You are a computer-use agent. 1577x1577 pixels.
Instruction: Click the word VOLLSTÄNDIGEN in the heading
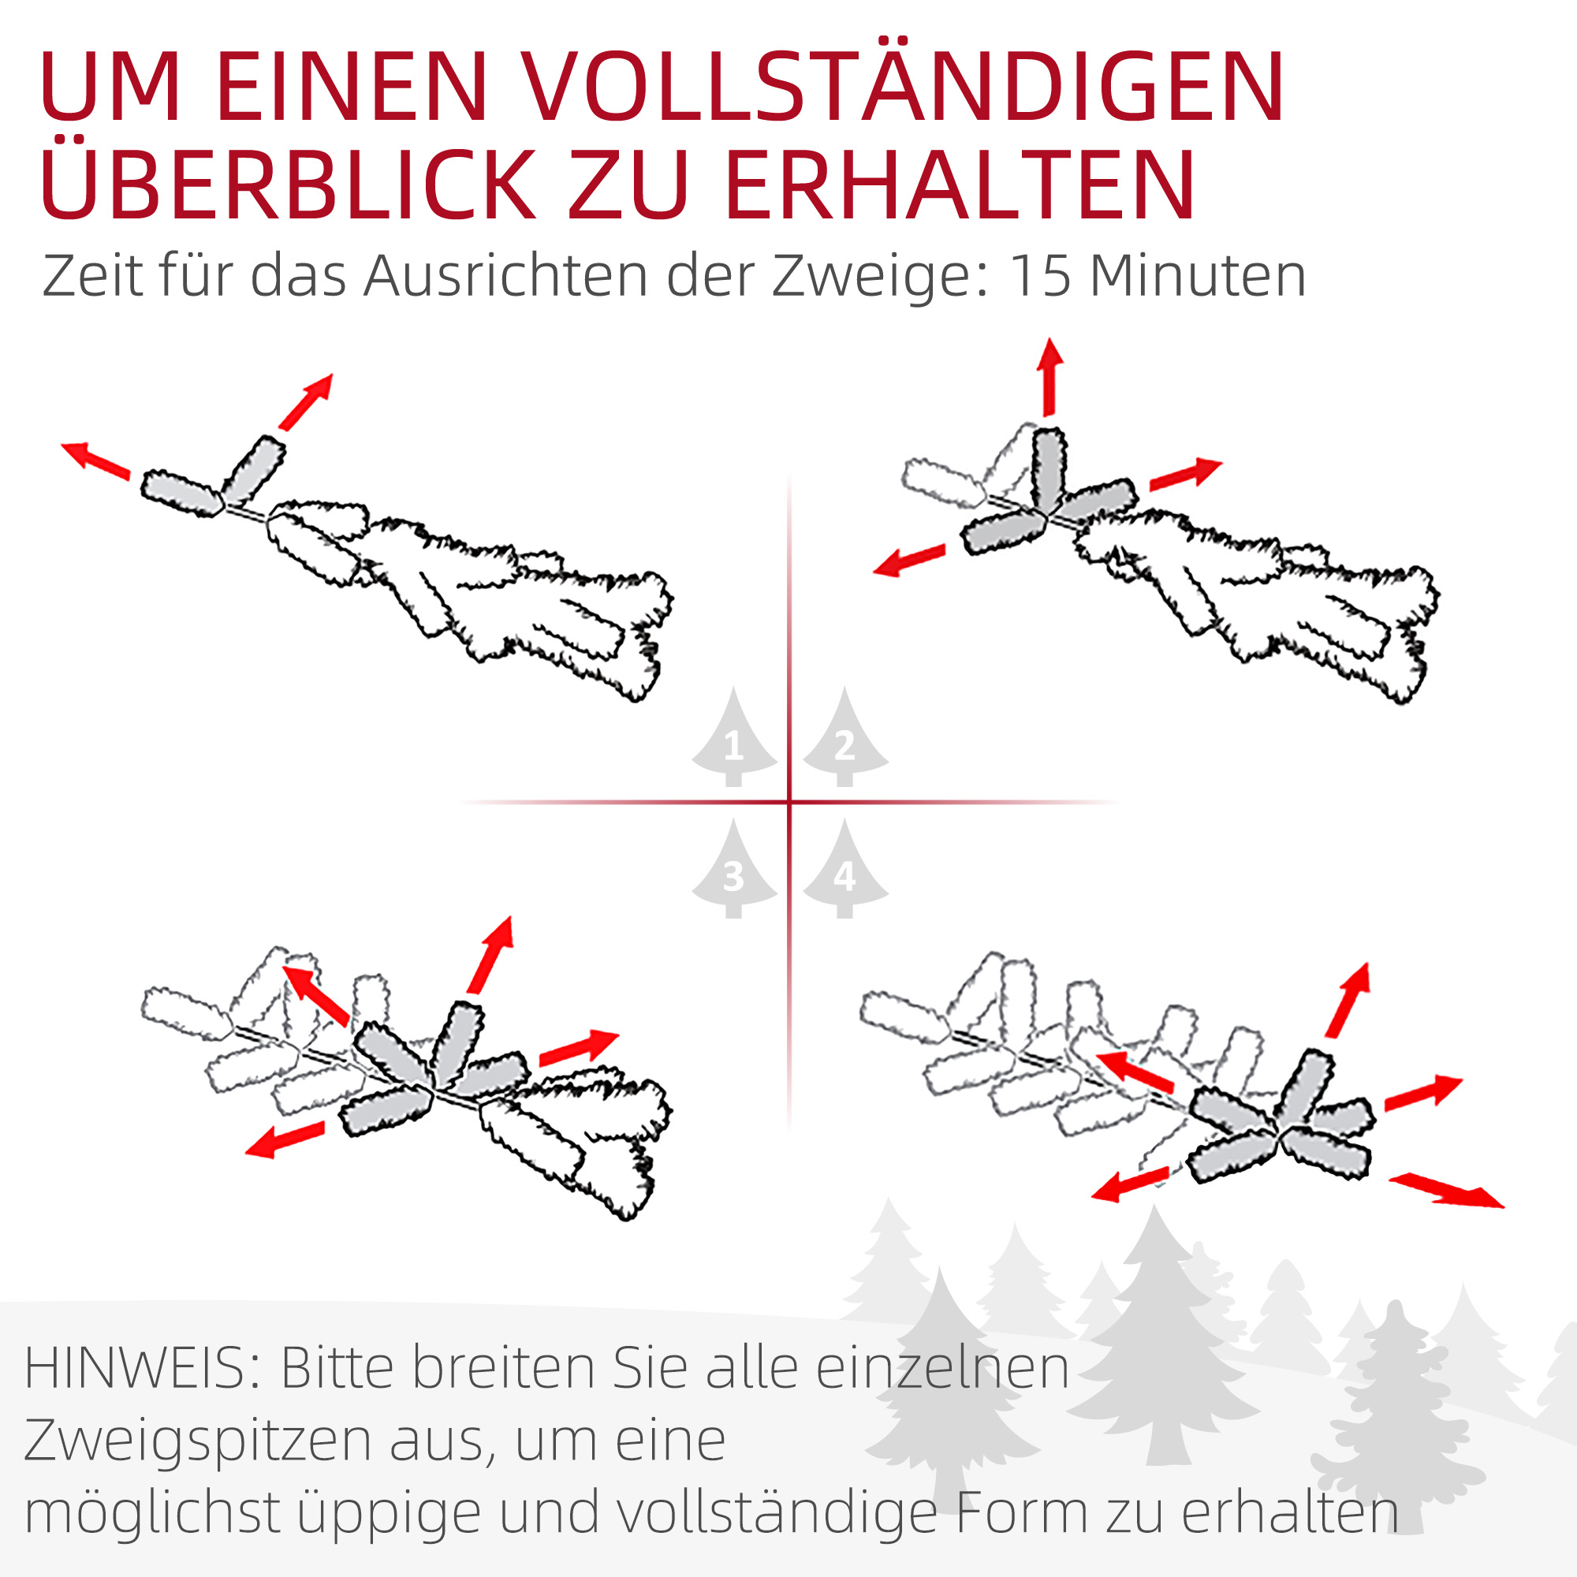902,88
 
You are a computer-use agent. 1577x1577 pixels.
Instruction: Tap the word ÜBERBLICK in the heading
285,185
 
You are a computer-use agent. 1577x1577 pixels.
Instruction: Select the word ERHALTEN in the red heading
960,185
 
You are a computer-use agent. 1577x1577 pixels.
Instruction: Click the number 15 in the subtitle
1039,276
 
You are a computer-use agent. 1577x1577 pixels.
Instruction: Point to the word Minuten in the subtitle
1199,276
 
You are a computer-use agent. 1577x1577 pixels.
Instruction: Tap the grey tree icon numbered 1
733,738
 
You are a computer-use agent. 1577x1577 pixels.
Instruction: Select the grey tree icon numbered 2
844,738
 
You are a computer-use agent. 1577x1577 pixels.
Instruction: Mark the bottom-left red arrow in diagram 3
285,1139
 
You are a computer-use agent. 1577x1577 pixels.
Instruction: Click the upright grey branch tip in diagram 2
1048,468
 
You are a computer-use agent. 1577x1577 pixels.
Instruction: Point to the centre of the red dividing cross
789,803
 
